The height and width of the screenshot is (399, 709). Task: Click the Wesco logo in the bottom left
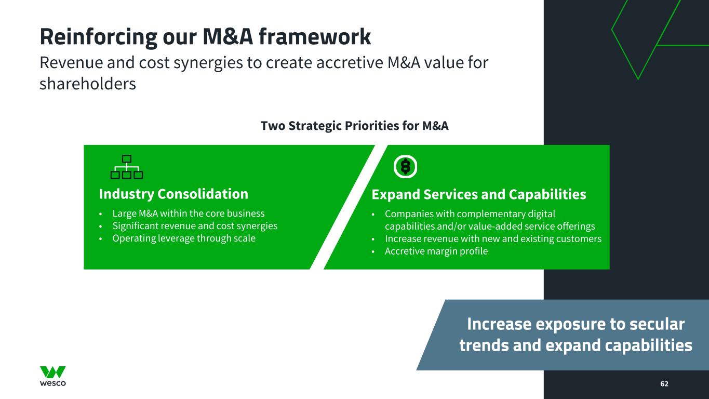point(53,376)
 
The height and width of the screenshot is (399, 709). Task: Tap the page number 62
point(664,383)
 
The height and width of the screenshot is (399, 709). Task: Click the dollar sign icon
point(406,167)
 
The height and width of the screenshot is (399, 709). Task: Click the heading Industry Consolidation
point(173,194)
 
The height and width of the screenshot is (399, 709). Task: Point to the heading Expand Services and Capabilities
point(478,194)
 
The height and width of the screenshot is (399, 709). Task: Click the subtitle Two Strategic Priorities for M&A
point(354,126)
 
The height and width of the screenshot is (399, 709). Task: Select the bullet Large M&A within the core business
point(188,214)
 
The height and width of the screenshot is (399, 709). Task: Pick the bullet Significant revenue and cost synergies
point(195,226)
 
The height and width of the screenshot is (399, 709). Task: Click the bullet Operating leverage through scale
point(184,238)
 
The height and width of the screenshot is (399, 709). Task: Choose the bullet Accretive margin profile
point(436,251)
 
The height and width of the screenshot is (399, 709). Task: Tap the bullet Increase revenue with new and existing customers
point(493,239)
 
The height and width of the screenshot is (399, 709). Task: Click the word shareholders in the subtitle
point(87,84)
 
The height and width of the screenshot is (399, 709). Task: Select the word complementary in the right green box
point(485,214)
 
